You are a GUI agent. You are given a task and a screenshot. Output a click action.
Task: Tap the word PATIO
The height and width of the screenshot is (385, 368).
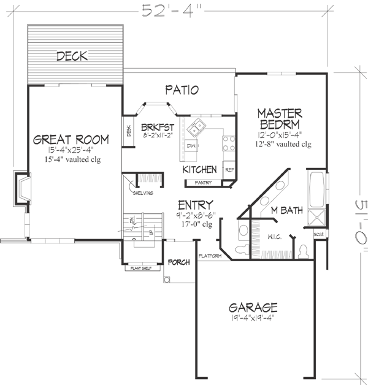point(182,90)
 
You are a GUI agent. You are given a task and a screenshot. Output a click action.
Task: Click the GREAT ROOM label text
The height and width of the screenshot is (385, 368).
point(72,140)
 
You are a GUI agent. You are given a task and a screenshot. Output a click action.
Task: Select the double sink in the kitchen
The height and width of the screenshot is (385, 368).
point(197,129)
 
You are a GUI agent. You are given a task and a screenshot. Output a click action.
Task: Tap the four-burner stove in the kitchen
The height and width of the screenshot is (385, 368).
point(228,143)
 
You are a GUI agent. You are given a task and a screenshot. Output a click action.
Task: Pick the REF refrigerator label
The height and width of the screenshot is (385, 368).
point(230,170)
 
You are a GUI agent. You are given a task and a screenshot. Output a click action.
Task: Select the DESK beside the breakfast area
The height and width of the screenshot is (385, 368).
point(129,131)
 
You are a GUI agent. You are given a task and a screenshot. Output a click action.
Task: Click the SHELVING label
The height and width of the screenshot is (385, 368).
point(144,193)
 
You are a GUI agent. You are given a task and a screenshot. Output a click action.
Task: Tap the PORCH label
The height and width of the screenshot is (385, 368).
point(178,263)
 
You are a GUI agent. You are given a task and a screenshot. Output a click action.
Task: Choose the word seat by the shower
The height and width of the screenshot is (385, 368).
point(319,234)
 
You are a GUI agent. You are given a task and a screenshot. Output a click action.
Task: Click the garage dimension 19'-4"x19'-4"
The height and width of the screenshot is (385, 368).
point(253,319)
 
